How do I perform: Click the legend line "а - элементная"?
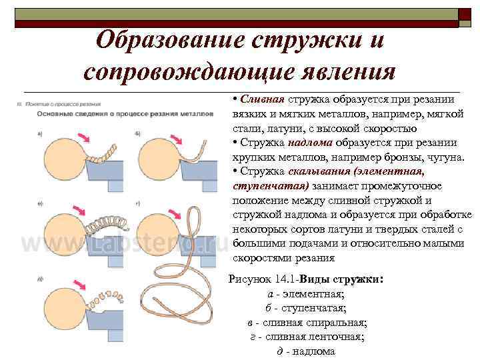coord(305,294)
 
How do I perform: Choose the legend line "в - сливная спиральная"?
coord(305,323)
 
